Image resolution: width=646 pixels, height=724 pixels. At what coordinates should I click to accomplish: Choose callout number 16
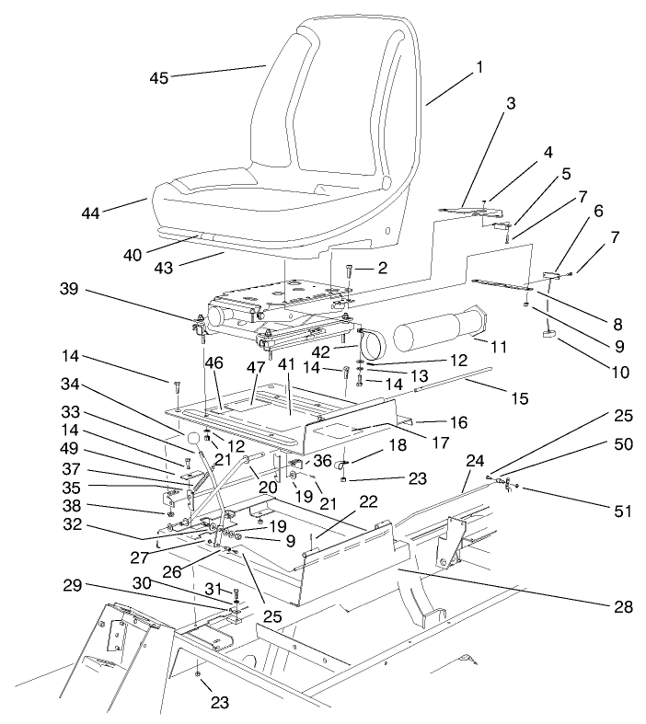[x=460, y=422]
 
